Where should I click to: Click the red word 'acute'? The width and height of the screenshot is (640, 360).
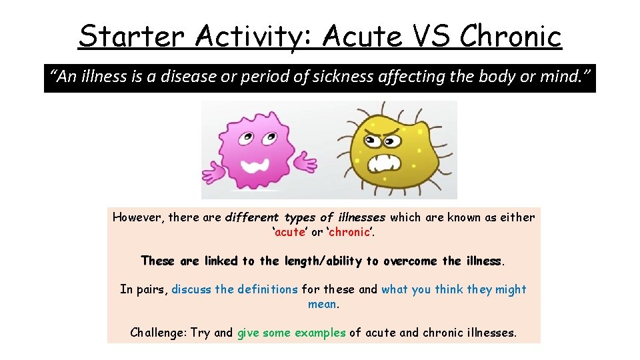tap(289, 232)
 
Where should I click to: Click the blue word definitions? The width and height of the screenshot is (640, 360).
tap(266, 289)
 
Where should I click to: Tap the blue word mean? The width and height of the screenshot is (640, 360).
tap(322, 304)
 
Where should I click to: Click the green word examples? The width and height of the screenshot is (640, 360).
tap(320, 332)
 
